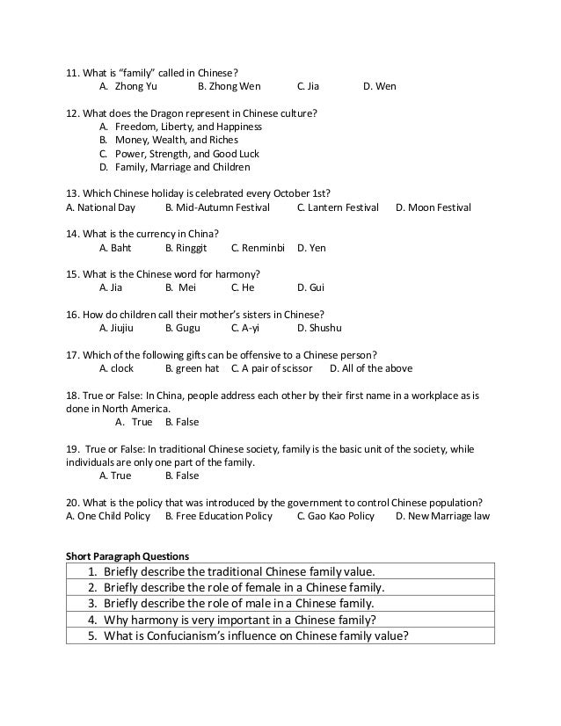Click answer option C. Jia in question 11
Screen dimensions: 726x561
pos(308,87)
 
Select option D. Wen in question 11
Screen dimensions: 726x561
pos(379,87)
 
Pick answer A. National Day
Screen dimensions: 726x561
pos(101,207)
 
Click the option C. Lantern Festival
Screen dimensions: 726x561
pos(338,207)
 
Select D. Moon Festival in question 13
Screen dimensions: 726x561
pos(433,207)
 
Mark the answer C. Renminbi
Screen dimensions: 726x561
pos(258,248)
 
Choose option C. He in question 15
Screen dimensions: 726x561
pos(243,287)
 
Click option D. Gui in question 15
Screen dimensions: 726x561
pos(311,287)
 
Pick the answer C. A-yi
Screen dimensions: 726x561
pos(245,328)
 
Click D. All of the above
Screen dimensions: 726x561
pos(370,368)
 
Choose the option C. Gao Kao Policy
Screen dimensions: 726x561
pos(335,516)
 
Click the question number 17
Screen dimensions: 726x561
pos(73,354)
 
